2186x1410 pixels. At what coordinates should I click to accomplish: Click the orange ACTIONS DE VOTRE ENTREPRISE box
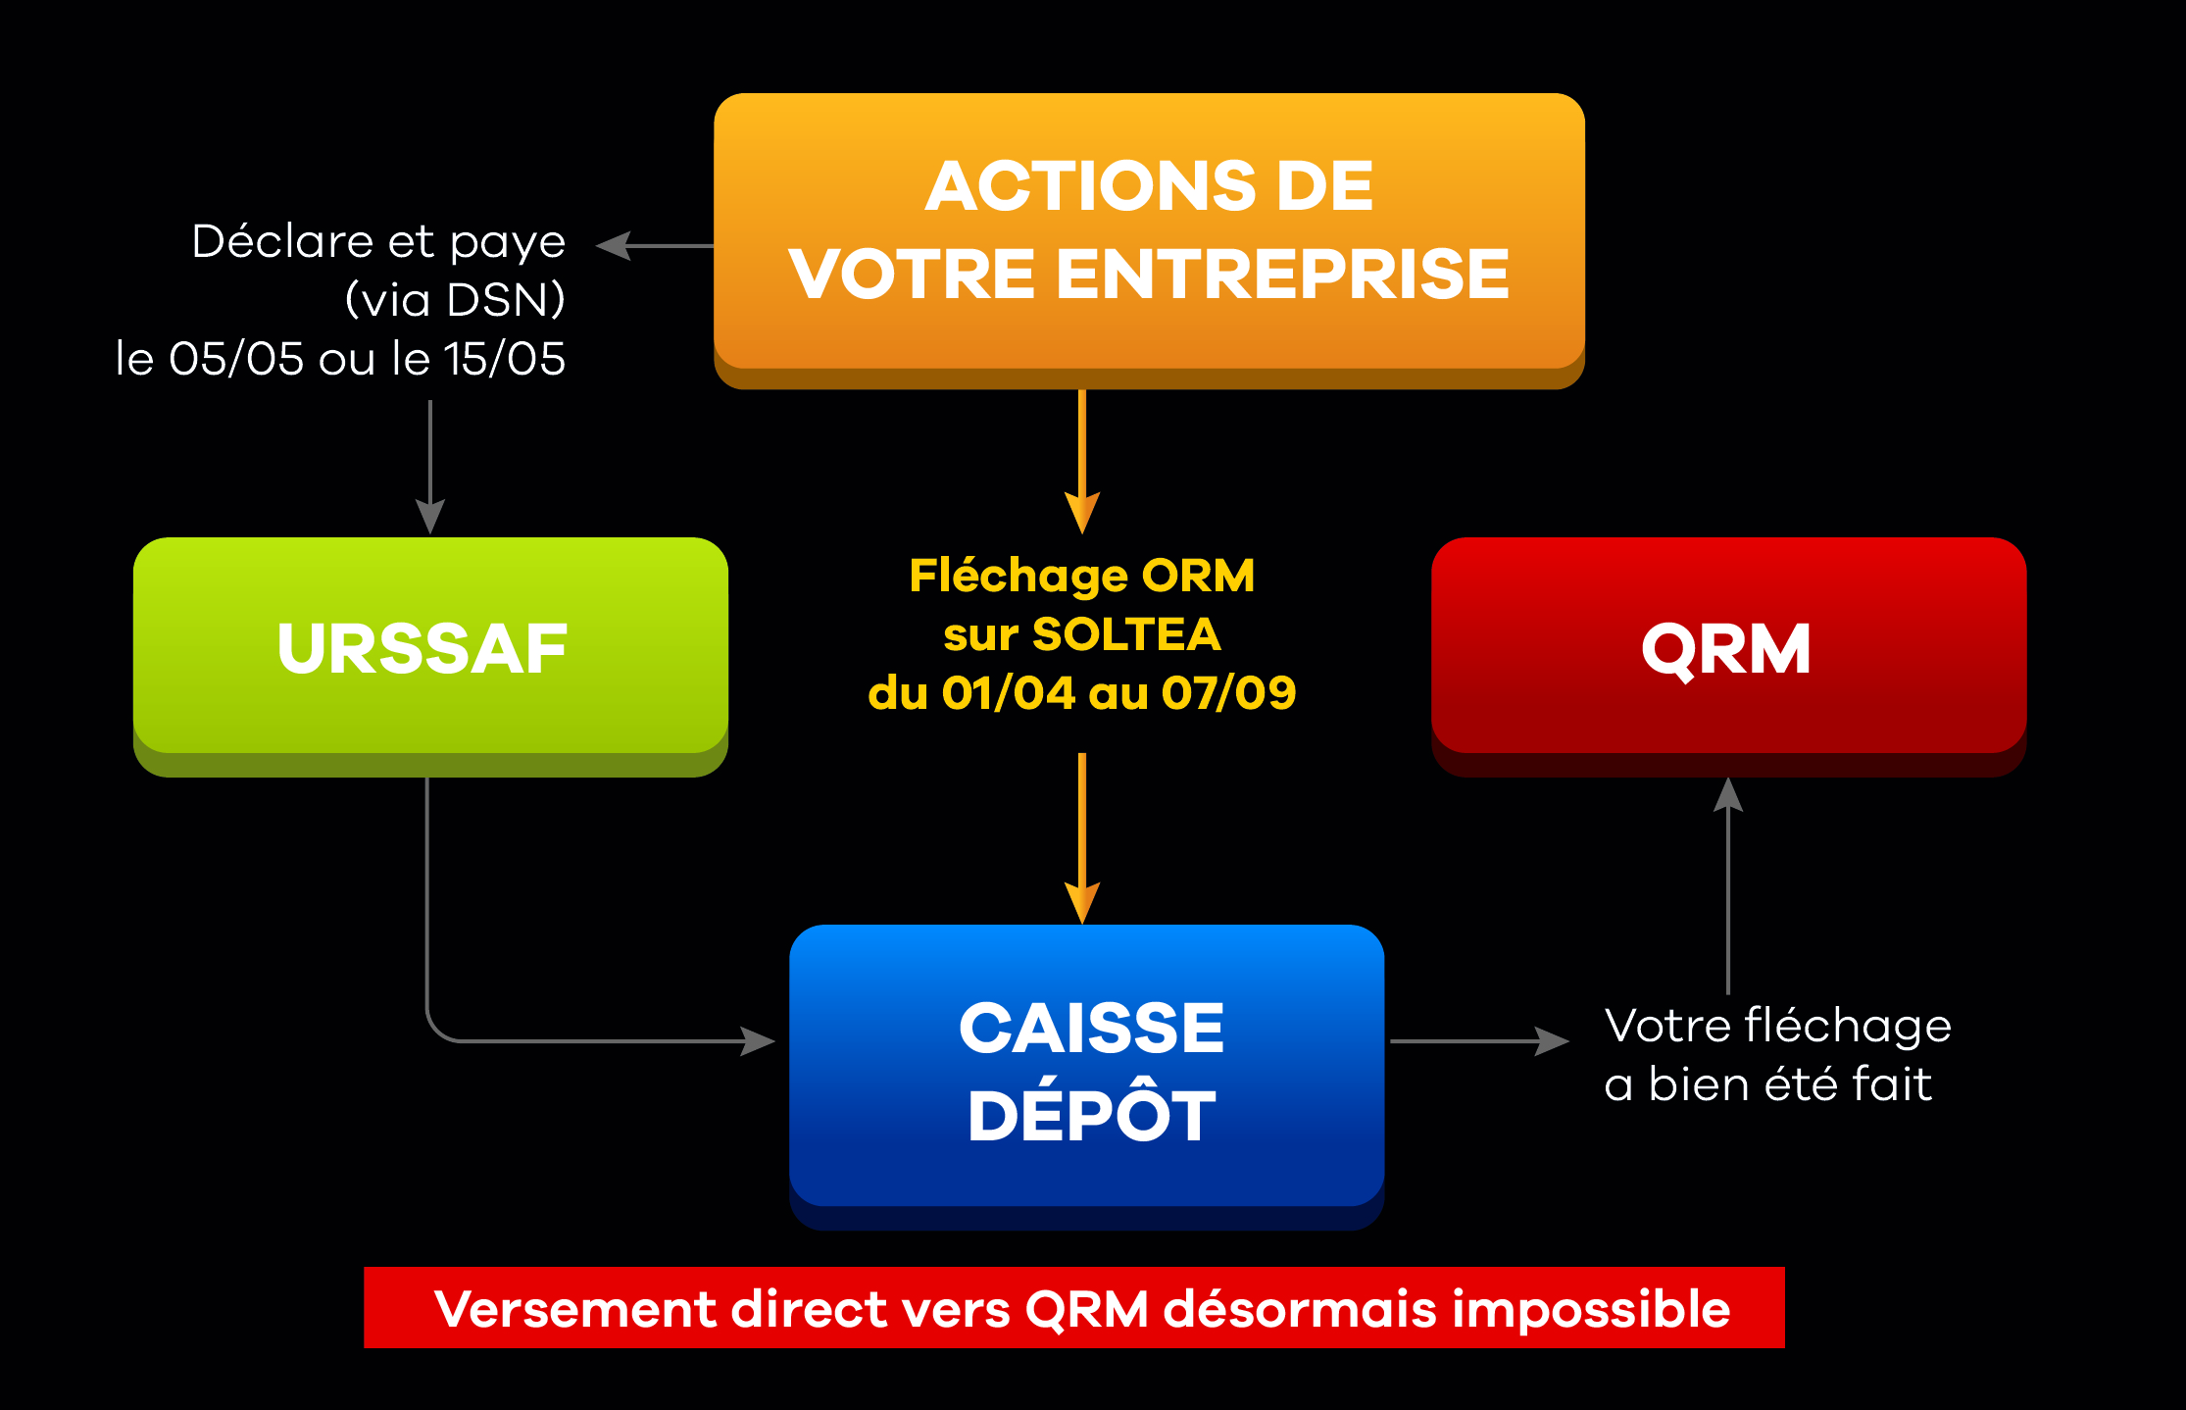(1149, 240)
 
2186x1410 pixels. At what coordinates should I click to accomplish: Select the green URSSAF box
(430, 656)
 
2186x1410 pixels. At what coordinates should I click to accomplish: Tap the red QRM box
(1728, 656)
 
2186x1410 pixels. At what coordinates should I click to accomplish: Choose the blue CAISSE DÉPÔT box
(1086, 1077)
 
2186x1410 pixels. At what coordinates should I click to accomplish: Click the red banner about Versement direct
(1074, 1307)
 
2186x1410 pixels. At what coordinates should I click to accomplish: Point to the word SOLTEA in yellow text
(1127, 634)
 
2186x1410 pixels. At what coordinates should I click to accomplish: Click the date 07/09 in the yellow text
(1229, 693)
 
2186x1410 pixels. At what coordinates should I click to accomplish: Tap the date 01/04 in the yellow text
(1009, 693)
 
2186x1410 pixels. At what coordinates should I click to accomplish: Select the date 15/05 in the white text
(505, 359)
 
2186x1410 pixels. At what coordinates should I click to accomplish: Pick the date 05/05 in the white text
(236, 359)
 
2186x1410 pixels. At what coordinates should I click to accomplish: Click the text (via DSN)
(456, 300)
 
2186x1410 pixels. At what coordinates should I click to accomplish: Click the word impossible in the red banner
(1591, 1310)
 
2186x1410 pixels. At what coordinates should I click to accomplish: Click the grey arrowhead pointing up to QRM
(1728, 794)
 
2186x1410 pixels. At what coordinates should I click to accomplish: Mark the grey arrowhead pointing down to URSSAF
(430, 517)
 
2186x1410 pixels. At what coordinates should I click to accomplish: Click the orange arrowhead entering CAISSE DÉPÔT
(1082, 903)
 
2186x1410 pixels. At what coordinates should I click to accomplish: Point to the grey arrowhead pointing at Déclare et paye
(614, 246)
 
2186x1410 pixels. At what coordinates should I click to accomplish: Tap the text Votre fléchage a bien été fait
(1777, 1055)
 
